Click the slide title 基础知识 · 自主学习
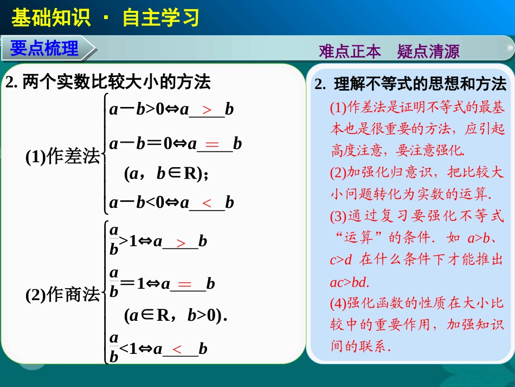105,18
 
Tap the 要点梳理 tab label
44,48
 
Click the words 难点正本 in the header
350,52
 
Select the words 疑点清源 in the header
428,52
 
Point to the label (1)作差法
63,157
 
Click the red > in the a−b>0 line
207,110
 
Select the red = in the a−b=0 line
212,144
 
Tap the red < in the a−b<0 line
207,203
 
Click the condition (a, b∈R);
166,173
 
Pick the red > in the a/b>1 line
181,242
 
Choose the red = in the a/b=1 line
185,284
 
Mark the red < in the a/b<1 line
177,349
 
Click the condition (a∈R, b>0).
174,315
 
